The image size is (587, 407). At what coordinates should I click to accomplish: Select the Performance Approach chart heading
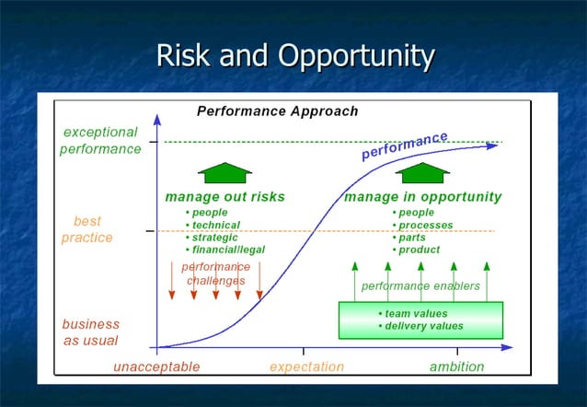277,111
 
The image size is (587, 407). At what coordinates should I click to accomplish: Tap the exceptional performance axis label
100,141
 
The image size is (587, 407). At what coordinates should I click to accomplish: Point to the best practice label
87,229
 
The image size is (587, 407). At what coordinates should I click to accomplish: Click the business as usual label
90,332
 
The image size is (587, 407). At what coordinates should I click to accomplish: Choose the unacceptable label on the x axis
156,366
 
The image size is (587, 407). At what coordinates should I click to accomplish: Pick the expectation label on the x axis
306,366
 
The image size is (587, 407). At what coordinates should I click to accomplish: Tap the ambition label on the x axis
456,366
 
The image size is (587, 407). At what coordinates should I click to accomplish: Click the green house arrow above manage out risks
224,172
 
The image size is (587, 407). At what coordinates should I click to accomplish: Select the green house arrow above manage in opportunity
422,172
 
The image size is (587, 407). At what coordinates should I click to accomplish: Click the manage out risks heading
224,197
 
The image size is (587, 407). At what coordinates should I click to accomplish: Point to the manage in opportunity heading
422,197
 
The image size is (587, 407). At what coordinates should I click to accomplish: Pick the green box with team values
420,320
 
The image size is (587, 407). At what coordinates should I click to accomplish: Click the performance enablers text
420,286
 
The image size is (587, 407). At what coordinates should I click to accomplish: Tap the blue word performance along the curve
404,145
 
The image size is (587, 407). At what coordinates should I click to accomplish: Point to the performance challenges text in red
216,273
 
